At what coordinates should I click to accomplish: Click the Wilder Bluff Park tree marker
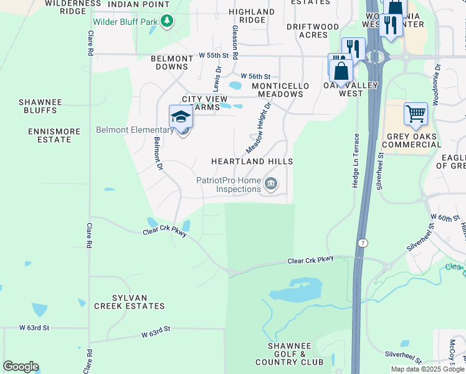(x=166, y=22)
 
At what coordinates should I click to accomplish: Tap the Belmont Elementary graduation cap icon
(x=181, y=117)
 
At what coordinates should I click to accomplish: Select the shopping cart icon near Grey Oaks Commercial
(x=416, y=114)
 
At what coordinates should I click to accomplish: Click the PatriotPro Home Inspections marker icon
(x=271, y=183)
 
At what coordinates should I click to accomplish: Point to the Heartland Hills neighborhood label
(x=252, y=161)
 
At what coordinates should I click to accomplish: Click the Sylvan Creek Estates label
(x=130, y=302)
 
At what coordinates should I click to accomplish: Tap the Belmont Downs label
(x=172, y=62)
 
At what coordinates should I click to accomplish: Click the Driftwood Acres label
(x=313, y=31)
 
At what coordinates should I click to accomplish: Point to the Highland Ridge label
(x=252, y=16)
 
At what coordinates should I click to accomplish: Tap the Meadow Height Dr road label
(x=259, y=128)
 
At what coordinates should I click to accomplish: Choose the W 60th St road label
(x=444, y=218)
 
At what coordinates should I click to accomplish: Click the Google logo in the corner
(x=21, y=366)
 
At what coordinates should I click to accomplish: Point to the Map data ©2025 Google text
(x=427, y=369)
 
